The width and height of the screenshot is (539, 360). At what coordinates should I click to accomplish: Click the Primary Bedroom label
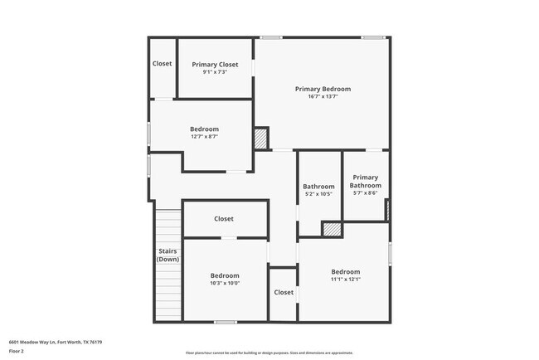point(323,89)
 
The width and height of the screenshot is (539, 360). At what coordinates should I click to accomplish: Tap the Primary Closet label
point(215,65)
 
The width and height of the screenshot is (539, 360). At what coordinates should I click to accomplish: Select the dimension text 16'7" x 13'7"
point(323,97)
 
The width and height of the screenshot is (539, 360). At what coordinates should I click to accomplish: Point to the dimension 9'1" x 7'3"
point(215,72)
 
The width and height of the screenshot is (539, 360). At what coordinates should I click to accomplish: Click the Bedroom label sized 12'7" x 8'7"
point(204,129)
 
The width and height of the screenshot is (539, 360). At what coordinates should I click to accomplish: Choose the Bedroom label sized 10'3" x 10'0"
point(224,275)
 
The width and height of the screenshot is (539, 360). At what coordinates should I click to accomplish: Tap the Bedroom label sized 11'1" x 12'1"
point(346,271)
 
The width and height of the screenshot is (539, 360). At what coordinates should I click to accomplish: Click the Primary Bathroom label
point(365,181)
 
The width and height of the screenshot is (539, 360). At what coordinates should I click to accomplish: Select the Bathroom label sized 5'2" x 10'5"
point(318,187)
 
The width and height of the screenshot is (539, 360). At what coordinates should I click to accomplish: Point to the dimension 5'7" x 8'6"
point(365,192)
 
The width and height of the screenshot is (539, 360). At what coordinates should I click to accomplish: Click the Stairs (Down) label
point(168,255)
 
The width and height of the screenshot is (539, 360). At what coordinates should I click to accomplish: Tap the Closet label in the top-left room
point(162,64)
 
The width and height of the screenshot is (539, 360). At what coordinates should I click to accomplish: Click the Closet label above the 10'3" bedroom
point(224,219)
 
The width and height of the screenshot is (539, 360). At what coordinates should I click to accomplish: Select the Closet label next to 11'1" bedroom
point(284,292)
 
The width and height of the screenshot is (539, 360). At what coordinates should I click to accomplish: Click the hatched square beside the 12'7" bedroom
point(261,139)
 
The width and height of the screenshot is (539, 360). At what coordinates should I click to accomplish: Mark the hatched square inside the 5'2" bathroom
point(332,229)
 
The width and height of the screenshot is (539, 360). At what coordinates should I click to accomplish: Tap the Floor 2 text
point(17,351)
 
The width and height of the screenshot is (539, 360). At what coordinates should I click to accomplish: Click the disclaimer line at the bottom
point(269,353)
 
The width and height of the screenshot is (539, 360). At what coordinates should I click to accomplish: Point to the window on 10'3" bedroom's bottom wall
point(225,322)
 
